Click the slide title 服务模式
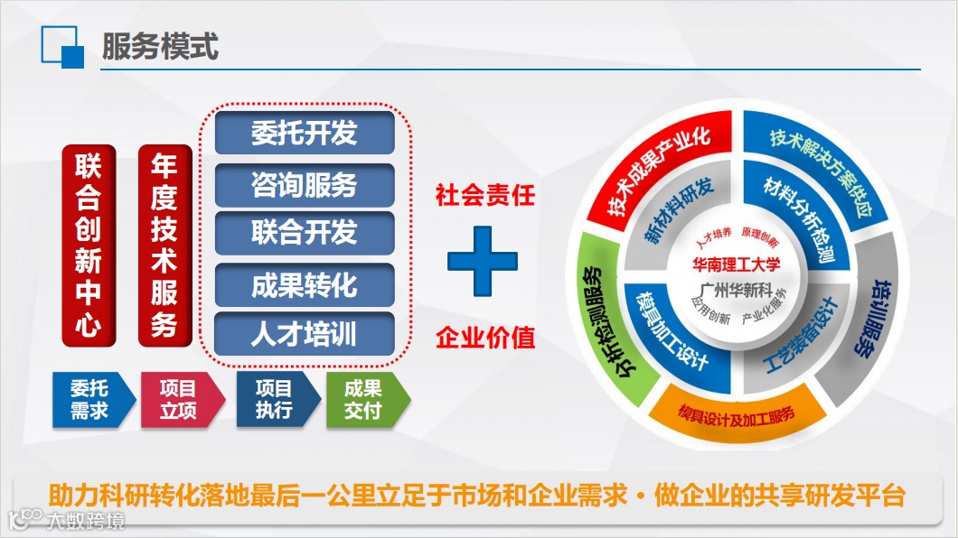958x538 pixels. (160, 46)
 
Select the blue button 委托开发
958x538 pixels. (305, 133)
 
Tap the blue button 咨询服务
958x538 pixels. (305, 185)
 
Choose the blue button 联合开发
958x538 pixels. (305, 232)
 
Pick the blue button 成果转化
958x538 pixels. (305, 285)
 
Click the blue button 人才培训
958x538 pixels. (305, 334)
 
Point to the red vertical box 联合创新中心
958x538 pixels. (89, 246)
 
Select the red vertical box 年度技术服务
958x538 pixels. (165, 246)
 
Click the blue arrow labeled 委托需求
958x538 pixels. (93, 400)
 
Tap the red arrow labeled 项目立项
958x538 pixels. (182, 400)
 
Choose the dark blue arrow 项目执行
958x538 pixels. (278, 400)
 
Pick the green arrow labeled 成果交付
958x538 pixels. (368, 400)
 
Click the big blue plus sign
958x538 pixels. (483, 261)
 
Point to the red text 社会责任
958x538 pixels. (485, 196)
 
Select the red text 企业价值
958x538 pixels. (485, 338)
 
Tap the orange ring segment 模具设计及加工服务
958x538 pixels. (737, 414)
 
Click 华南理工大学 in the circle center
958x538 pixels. (737, 264)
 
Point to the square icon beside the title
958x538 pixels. (62, 47)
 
